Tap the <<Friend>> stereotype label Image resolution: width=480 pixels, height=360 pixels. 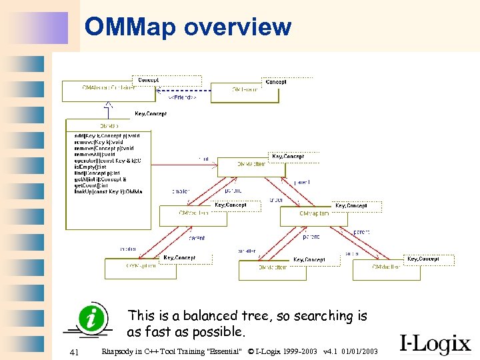(x=181, y=97)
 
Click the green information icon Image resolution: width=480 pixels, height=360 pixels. (x=91, y=319)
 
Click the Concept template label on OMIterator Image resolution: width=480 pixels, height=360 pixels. (x=275, y=82)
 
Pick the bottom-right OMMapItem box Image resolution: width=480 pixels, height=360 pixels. (x=386, y=270)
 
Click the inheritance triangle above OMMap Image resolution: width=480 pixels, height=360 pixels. (x=109, y=105)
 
